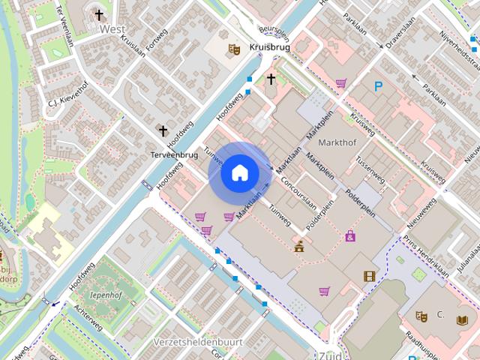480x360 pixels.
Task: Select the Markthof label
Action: pos(336,142)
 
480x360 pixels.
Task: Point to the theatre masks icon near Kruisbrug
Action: pos(234,49)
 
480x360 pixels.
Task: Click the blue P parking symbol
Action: pos(379,87)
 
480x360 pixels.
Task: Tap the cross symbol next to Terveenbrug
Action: pos(163,130)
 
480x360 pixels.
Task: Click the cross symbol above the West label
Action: pos(99,14)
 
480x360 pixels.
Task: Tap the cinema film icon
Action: pos(368,276)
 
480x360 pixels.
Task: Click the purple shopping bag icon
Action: pos(350,235)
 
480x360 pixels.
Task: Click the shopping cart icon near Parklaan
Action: pos(341,83)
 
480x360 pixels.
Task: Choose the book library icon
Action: pos(461,320)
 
